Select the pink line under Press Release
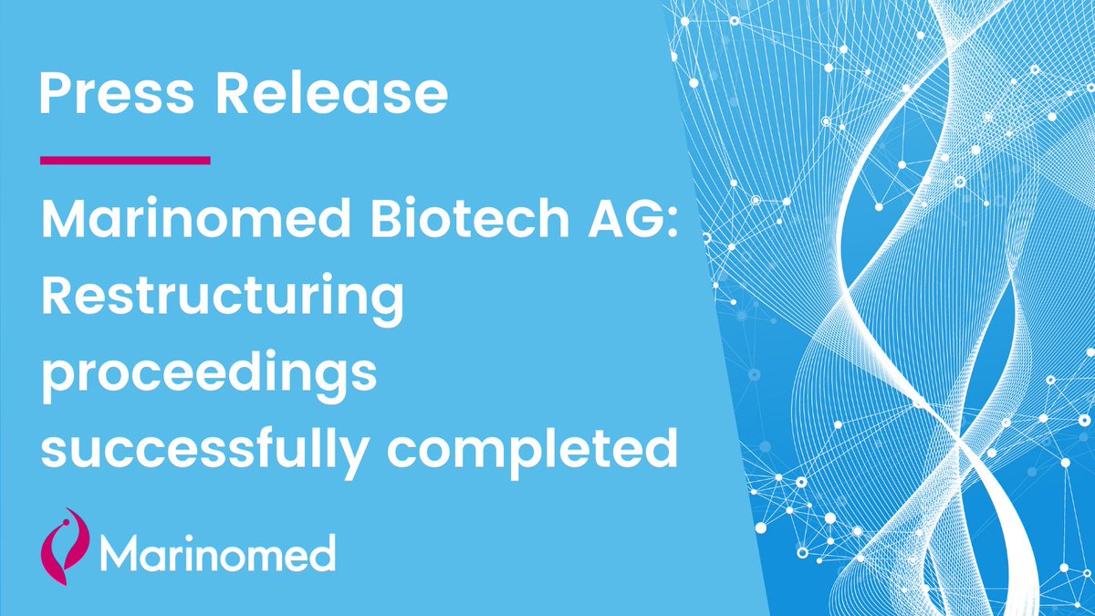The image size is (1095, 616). [x=125, y=161]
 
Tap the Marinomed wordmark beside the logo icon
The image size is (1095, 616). [x=217, y=552]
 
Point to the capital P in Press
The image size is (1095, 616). [x=55, y=94]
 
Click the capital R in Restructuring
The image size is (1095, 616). [x=57, y=298]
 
